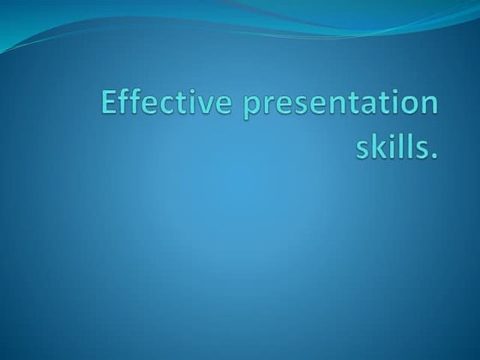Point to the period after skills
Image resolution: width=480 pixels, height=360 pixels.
[x=434, y=158]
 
